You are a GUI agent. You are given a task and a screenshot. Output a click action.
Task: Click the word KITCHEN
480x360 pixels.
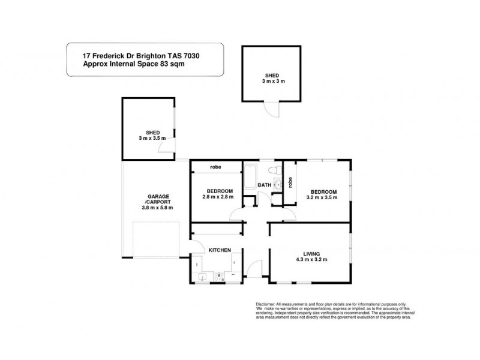tap(220, 250)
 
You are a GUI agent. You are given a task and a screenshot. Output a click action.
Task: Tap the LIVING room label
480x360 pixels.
tap(308, 253)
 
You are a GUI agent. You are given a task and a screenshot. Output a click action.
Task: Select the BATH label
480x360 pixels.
tap(265, 185)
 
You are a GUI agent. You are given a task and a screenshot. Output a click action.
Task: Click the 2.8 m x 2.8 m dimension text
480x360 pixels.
tap(217, 199)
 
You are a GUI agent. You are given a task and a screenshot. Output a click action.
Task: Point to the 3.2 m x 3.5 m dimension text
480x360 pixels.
tap(322, 199)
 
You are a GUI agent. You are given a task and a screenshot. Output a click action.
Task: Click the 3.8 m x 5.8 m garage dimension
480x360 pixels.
tap(157, 208)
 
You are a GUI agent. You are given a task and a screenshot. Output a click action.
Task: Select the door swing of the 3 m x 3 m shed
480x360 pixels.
tap(274, 110)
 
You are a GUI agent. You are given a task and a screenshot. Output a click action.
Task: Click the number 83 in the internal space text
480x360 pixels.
tap(158, 64)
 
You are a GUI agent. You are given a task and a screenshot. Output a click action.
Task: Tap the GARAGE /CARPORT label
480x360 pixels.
tap(157, 199)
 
